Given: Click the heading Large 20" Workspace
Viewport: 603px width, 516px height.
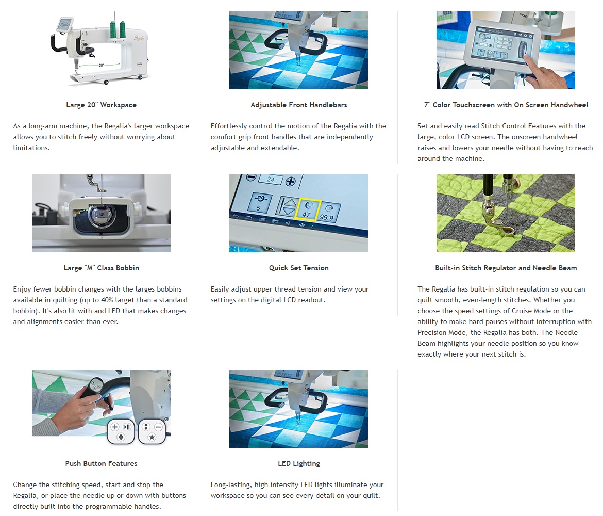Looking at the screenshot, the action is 101,105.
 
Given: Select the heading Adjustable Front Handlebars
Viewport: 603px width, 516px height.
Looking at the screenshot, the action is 299,105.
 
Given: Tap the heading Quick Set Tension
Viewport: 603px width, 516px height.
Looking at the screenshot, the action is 299,268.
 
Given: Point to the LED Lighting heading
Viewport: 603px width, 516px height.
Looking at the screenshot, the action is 299,464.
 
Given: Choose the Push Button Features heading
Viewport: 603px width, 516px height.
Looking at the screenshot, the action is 101,464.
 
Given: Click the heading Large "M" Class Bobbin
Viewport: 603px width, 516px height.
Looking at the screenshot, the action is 101,268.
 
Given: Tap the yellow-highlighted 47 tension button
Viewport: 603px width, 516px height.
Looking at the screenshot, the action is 307,209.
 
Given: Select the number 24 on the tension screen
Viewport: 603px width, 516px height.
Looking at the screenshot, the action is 271,180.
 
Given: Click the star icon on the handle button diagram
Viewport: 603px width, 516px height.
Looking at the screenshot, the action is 152,437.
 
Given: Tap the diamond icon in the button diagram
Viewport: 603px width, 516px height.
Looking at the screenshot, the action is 121,437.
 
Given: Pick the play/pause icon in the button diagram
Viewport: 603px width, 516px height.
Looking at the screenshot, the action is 127,427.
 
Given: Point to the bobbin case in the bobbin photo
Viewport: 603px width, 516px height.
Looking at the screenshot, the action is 100,216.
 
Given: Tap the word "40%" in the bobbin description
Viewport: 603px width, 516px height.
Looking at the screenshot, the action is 107,300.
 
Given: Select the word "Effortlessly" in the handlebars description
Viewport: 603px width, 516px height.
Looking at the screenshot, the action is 229,126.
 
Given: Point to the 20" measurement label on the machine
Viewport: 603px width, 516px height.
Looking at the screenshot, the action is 101,66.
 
